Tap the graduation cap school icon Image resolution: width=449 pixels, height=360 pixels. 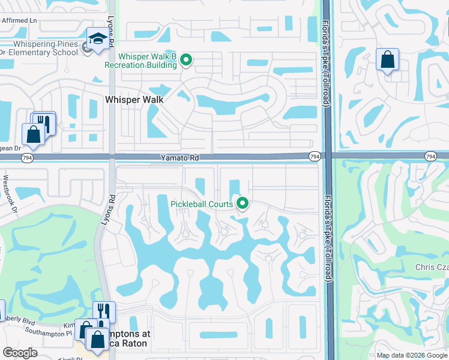[96, 39]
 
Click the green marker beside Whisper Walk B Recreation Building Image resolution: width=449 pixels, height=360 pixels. [186, 60]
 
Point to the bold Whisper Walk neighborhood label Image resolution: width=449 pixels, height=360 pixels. [135, 100]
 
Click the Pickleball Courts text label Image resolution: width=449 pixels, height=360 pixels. [202, 204]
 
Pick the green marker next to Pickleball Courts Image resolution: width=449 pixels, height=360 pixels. [243, 204]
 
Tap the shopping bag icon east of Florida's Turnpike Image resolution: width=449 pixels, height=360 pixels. [387, 59]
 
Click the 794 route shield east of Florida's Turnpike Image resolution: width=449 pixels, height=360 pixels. [430, 157]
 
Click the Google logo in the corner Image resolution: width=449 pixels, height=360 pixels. [20, 353]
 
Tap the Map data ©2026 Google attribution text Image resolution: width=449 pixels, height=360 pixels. [411, 355]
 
